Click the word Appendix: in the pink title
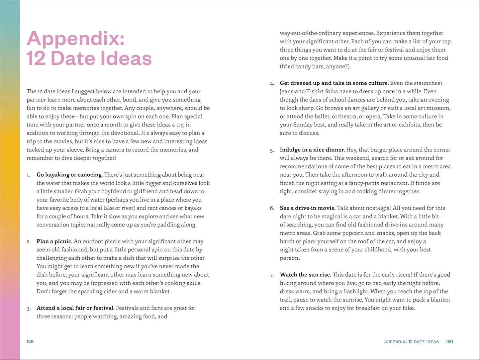click(75, 39)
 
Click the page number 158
click(30, 341)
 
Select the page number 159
click(449, 341)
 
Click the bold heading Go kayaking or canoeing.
click(69, 175)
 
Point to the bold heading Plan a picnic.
click(54, 241)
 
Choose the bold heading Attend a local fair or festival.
click(75, 308)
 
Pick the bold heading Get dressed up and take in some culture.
click(334, 83)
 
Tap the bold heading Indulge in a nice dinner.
click(312, 150)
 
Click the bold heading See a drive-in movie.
click(308, 208)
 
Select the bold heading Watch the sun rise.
click(305, 275)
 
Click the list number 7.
click(272, 275)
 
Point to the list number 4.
click(272, 83)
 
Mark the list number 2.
click(28, 242)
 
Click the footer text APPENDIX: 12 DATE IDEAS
click(411, 342)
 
